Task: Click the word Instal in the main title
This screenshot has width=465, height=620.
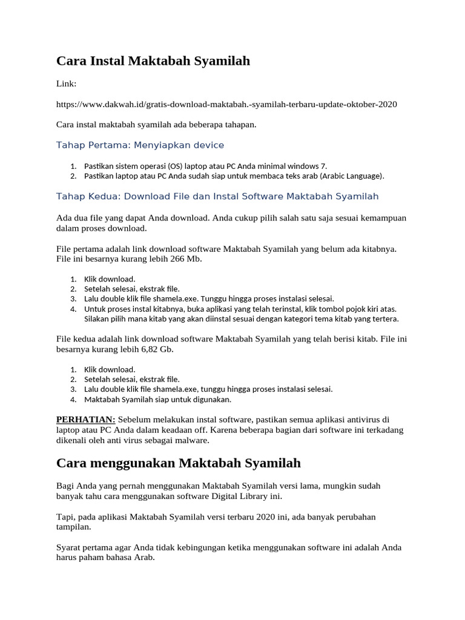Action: coord(107,61)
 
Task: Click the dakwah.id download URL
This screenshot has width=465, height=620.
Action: coord(226,104)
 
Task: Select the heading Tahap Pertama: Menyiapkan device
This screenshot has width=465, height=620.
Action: coord(140,145)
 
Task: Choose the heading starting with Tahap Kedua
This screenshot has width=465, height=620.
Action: coord(217,196)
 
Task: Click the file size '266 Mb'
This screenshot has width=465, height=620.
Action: coord(185,259)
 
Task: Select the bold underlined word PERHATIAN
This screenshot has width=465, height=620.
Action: coord(85,420)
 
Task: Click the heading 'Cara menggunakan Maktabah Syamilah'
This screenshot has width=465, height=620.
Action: coord(179,464)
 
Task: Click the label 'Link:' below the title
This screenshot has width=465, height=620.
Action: coord(66,84)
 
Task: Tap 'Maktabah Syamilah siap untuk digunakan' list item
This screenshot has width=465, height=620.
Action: coord(157,400)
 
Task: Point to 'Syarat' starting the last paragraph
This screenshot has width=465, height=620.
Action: coord(70,548)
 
